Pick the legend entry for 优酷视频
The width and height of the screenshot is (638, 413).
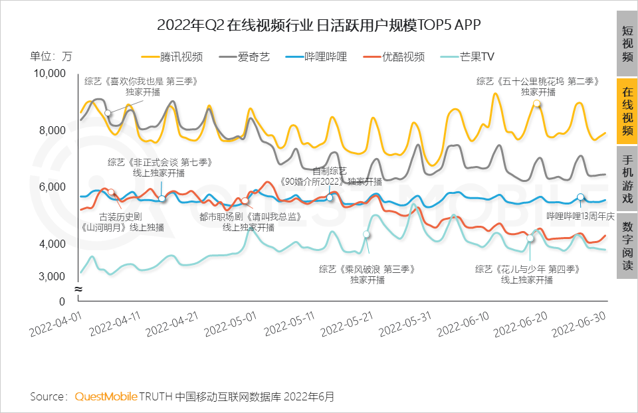tap(393, 57)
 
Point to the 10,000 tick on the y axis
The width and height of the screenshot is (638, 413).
tap(49, 73)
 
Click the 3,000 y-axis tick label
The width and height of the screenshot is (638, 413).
tap(51, 276)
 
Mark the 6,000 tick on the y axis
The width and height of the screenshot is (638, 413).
tap(51, 187)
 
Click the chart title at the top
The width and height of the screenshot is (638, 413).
tap(318, 25)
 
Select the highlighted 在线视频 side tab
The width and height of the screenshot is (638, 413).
tap(627, 111)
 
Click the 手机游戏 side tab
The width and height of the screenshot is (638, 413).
tap(627, 179)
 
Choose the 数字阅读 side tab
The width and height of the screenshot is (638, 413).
tap(627, 245)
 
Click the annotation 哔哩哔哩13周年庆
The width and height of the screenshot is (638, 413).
tap(576, 216)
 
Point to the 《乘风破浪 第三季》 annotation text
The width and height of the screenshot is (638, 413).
tap(367, 269)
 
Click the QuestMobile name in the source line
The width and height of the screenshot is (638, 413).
tap(105, 397)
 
